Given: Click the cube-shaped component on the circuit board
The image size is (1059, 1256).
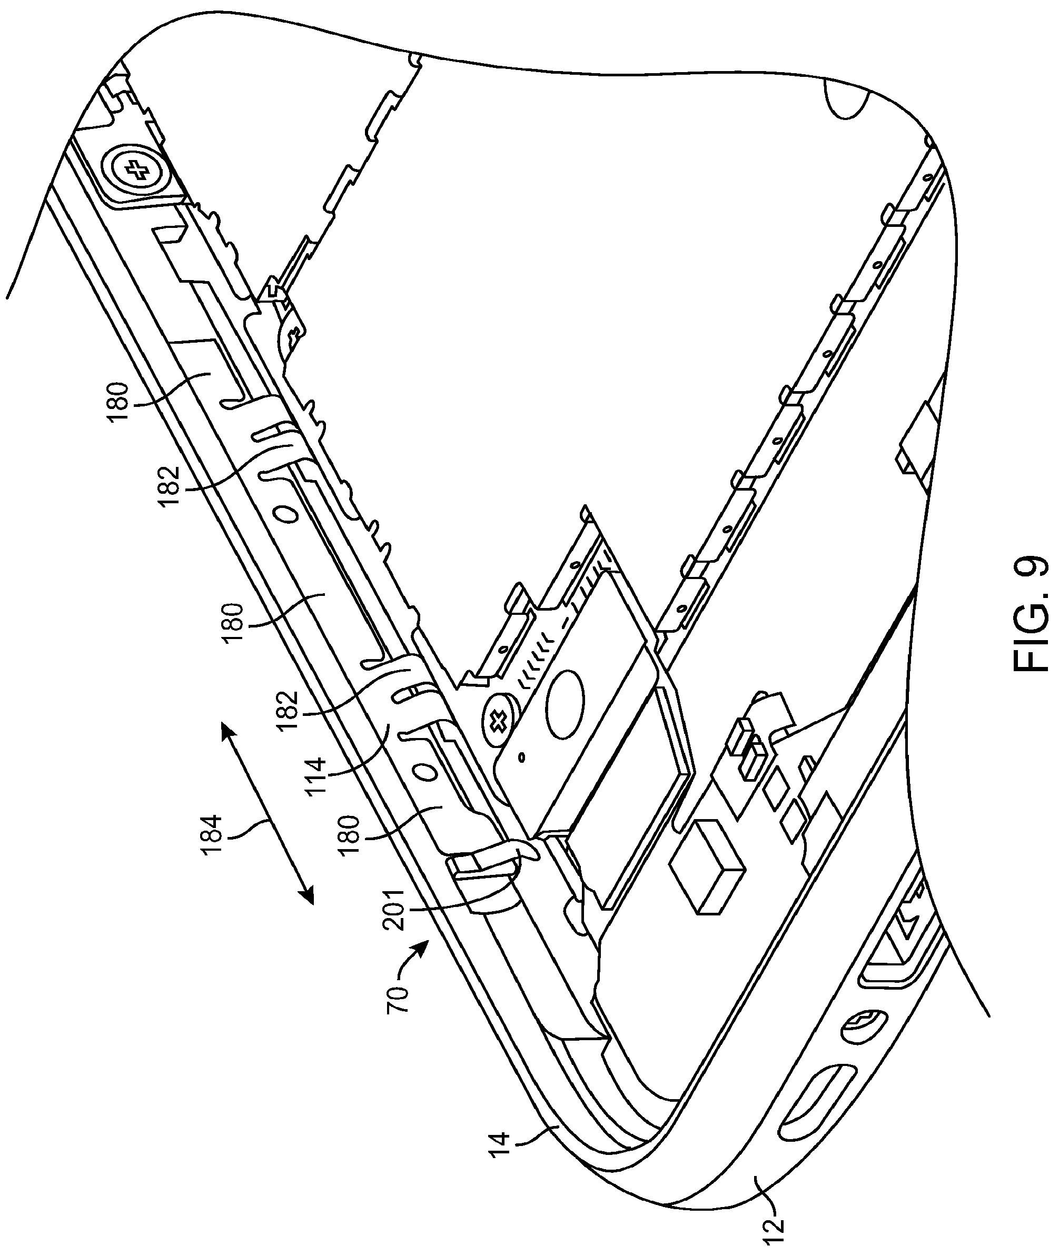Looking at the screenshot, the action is (706, 858).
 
